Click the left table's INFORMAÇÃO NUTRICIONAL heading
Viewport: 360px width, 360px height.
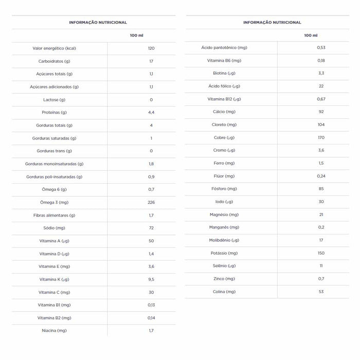[98, 23]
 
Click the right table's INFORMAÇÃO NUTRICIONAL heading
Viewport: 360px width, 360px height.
[272, 23]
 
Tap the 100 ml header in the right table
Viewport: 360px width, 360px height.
[311, 35]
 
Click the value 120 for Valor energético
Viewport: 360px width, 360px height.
[151, 48]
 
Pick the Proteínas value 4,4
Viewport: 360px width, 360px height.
[151, 112]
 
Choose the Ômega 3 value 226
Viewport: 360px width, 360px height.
[151, 202]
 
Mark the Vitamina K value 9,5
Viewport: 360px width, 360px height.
[151, 279]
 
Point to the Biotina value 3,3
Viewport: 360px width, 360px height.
[321, 73]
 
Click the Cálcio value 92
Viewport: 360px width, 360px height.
[321, 112]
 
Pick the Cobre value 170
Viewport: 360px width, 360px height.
[321, 137]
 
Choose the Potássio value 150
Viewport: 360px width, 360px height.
[321, 253]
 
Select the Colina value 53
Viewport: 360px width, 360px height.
[321, 292]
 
